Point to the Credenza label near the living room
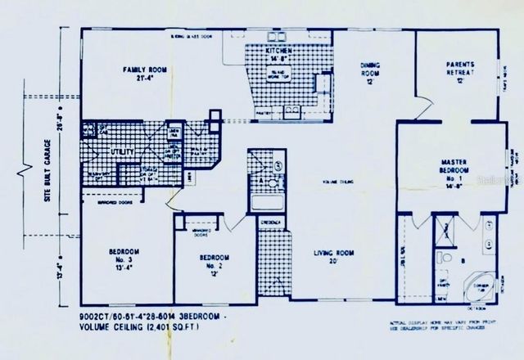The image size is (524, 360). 271,223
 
